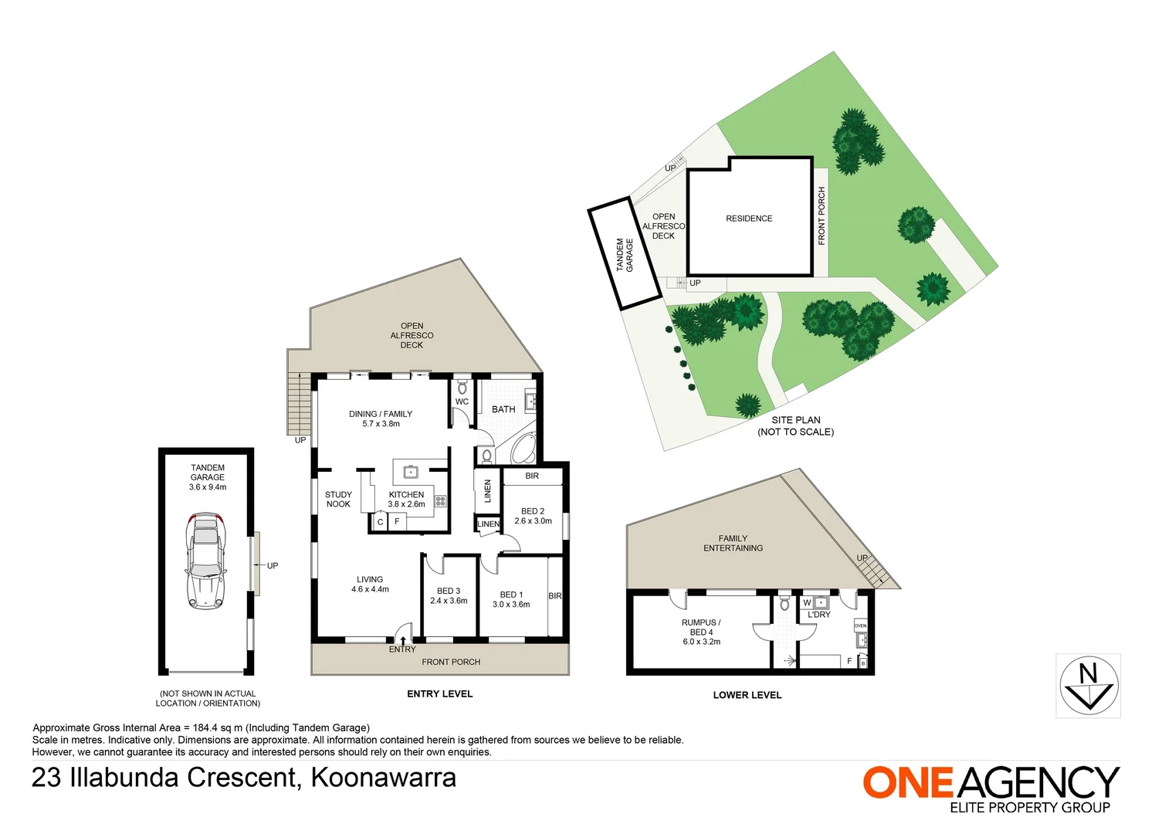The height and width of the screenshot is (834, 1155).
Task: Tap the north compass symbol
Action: pos(1089,686)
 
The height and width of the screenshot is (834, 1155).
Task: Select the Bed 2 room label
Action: pos(532,511)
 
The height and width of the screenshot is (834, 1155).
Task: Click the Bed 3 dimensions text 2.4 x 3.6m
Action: pos(449,601)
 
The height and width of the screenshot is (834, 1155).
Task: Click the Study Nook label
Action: pos(338,500)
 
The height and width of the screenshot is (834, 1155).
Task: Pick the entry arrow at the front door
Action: pos(402,640)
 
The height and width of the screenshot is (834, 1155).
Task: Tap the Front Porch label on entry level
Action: pos(451,662)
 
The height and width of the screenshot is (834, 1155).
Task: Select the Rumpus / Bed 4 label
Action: pos(701,627)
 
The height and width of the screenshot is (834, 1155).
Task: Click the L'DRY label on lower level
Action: pos(819,615)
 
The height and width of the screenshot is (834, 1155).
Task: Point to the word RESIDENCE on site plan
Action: pos(749,219)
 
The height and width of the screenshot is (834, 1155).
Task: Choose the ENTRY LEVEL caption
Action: pos(439,693)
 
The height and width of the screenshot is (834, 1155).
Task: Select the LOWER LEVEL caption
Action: pos(747,695)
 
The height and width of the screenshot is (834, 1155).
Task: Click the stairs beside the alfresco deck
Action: pos(299,403)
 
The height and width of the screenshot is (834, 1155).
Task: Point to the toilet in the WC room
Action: pos(462,387)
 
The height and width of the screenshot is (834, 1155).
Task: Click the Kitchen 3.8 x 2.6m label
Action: pos(406,500)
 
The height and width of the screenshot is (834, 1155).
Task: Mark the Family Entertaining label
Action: pos(733,543)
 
